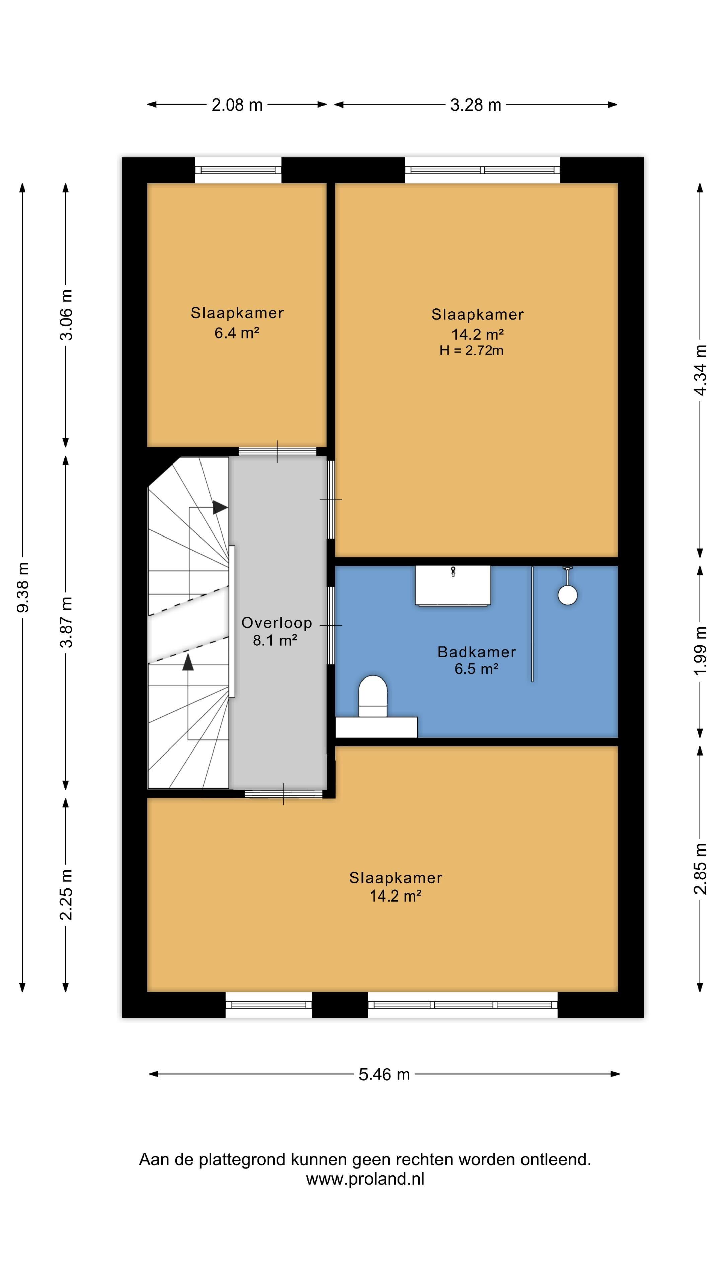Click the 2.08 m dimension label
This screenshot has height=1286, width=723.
(x=237, y=105)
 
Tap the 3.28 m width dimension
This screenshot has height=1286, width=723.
(x=476, y=105)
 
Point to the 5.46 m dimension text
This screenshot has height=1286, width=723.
(x=384, y=1074)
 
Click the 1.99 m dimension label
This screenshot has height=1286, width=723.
(x=701, y=650)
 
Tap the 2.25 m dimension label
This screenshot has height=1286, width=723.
(x=66, y=894)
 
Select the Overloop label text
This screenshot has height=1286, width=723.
(x=276, y=623)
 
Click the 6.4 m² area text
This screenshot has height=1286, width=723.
(x=237, y=333)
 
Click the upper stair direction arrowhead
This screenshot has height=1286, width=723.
(x=220, y=507)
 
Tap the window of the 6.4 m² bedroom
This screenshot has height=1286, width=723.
(x=238, y=170)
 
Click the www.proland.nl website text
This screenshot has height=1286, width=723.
(x=365, y=1179)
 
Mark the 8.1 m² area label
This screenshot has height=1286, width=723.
(x=275, y=640)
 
